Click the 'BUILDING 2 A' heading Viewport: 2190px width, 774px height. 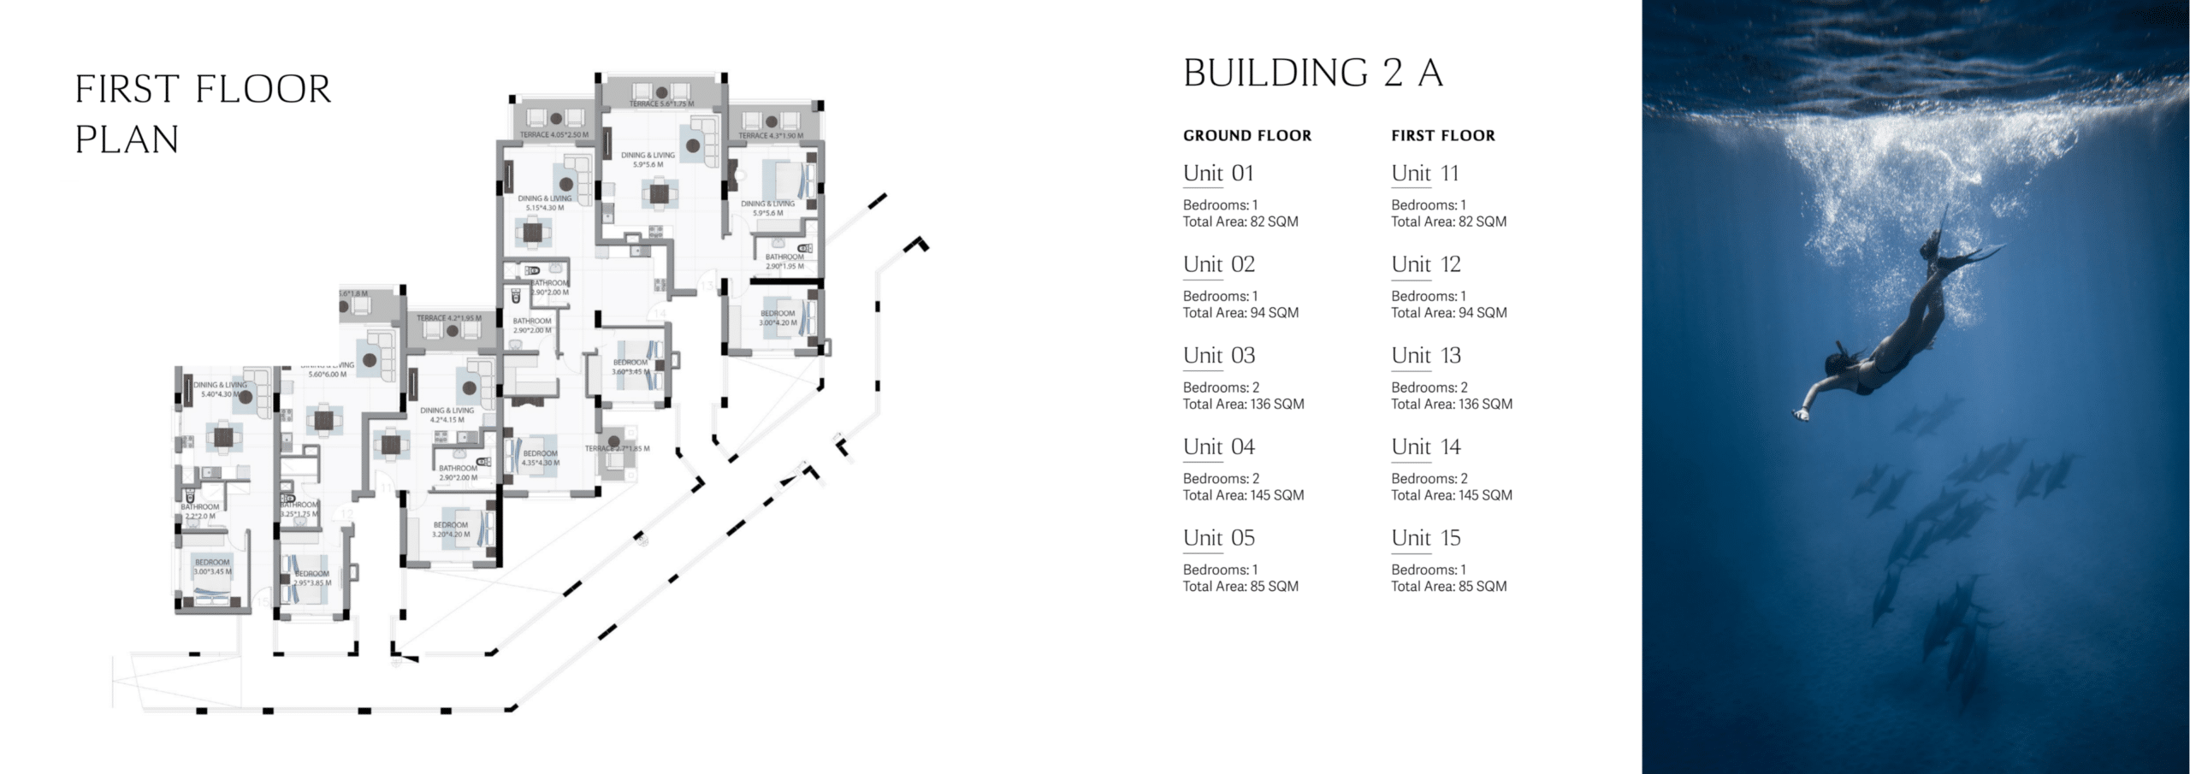coord(1312,74)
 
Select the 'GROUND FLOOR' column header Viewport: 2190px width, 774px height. coord(1246,135)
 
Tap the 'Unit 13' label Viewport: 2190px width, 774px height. coord(1425,355)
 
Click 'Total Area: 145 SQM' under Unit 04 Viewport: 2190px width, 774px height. coord(1243,495)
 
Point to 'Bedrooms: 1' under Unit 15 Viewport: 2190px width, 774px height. coord(1428,570)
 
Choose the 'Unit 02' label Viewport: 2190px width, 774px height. coord(1218,264)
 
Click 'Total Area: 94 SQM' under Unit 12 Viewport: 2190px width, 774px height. coord(1448,313)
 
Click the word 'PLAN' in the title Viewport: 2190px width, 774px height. coord(127,139)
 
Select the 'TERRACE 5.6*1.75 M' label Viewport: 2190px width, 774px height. coord(661,104)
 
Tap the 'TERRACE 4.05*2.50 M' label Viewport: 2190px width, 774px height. coord(553,135)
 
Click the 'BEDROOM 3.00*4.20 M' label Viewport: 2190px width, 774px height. coord(778,318)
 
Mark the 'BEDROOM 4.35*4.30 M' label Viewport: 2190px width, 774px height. coord(540,458)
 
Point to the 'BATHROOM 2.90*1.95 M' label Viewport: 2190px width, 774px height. coord(784,261)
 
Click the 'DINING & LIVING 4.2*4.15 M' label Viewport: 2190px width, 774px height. coord(447,416)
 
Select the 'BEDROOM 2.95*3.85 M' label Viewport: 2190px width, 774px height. coord(311,578)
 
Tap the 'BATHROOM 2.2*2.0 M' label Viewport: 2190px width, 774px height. coord(199,511)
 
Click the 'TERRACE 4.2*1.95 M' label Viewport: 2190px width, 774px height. coord(448,318)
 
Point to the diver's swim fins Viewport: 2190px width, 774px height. coord(1968,257)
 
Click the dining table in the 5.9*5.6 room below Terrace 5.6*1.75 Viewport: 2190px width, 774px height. coord(659,194)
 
